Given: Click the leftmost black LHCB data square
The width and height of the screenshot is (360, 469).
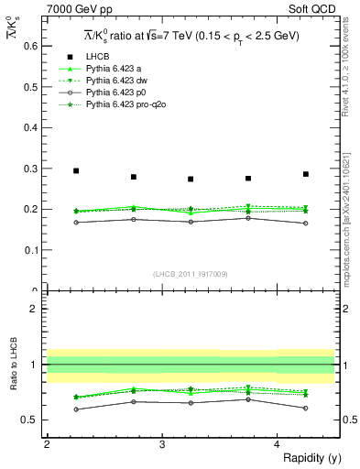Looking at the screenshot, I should [x=76, y=171].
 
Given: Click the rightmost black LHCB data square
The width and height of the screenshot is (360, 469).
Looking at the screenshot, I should [x=306, y=174].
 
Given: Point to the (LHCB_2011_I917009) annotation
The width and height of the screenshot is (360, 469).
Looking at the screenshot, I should [x=191, y=274].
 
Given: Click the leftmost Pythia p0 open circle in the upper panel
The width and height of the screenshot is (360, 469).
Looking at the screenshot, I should [x=76, y=222].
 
